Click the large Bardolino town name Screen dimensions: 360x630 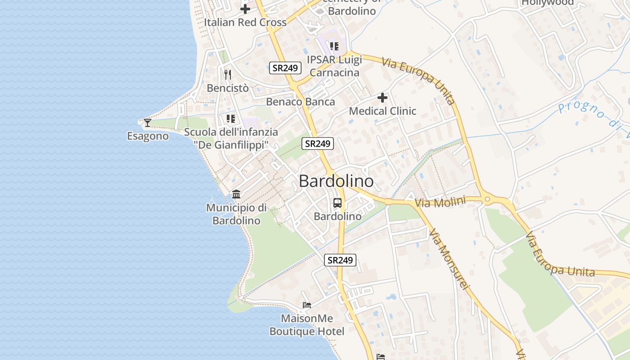point(336,181)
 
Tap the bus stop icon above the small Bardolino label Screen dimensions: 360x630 point(337,203)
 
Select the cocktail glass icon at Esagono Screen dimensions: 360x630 point(147,122)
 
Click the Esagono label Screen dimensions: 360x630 point(148,136)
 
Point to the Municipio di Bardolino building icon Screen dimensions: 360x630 point(236,194)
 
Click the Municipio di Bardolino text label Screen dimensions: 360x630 point(236,214)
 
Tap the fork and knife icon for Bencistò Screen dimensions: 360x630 point(228,75)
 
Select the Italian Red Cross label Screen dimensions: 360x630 point(245,22)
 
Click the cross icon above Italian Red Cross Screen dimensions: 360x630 point(245,9)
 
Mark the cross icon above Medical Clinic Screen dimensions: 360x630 point(382,98)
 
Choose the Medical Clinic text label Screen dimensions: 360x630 point(382,111)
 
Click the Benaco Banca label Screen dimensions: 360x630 point(301,102)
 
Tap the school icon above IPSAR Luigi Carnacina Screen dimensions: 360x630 point(334,46)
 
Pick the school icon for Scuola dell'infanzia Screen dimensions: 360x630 point(231,119)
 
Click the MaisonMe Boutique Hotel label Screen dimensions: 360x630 point(307,325)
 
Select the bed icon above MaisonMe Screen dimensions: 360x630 point(307,305)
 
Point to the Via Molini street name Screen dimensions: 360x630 point(440,202)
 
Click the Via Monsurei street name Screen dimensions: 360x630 point(449,260)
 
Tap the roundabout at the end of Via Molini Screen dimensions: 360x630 point(487,199)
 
